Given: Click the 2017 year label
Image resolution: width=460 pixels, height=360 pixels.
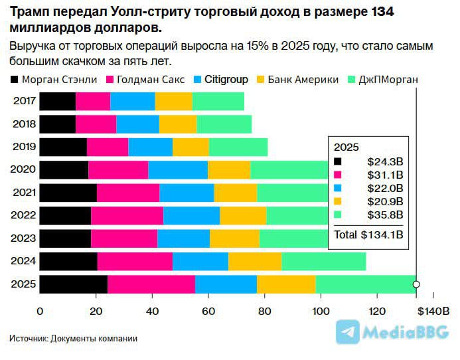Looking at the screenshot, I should [x=24, y=102].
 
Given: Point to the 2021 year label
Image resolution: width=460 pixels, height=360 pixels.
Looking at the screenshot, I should [x=24, y=193].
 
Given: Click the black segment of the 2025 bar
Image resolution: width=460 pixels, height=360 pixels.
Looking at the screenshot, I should [x=73, y=284].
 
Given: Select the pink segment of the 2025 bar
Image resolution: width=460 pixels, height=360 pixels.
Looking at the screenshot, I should [x=151, y=284].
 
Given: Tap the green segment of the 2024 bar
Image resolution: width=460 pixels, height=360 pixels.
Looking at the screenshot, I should [x=323, y=261].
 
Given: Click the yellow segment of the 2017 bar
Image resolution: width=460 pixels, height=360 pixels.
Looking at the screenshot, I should [x=173, y=102].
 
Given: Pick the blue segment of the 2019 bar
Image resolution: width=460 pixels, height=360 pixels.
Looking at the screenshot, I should [x=150, y=147].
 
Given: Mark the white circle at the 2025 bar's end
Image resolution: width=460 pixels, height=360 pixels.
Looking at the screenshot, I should [x=416, y=284].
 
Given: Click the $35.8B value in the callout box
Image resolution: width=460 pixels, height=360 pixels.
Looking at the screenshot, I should [x=385, y=215].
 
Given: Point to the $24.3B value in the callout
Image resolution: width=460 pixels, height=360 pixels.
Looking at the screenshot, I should [x=385, y=161].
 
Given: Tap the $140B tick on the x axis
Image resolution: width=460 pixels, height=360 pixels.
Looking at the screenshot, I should [x=435, y=311].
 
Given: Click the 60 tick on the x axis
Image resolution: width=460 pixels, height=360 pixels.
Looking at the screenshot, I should [x=208, y=311].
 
